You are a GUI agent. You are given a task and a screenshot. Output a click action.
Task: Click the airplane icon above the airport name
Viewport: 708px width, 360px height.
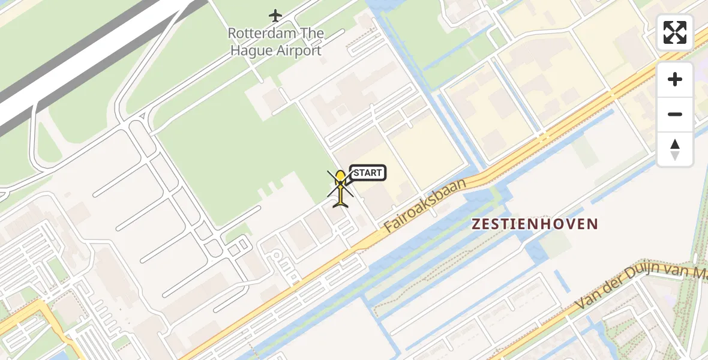[x=275, y=15]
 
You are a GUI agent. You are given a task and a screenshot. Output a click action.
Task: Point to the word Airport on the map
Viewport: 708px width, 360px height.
[x=299, y=50]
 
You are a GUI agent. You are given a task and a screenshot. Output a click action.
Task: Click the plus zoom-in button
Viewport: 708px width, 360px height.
[x=675, y=79]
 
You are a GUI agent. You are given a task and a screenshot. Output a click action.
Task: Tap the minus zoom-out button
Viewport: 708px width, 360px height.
[x=675, y=114]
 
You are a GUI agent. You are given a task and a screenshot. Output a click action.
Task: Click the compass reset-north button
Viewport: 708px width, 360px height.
[x=675, y=149]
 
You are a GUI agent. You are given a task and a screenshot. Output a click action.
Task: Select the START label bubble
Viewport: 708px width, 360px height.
[x=367, y=173]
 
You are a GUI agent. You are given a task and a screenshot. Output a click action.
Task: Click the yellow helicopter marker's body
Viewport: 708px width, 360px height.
[x=340, y=180]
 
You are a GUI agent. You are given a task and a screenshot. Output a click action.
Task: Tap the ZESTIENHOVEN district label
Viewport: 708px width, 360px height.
[x=535, y=224]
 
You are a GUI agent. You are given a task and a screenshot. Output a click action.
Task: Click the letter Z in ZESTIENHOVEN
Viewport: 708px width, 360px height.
[x=476, y=224]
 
